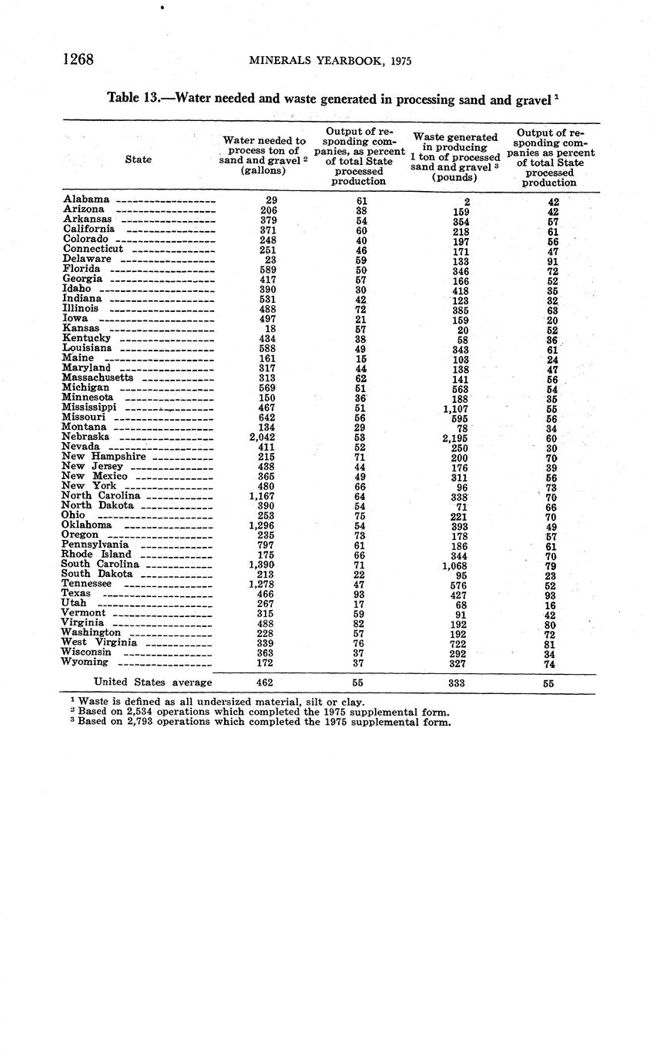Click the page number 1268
click(78, 59)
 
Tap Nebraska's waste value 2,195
click(457, 438)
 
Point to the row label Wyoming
click(85, 662)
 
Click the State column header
click(138, 159)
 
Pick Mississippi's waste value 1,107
click(457, 409)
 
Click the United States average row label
click(152, 682)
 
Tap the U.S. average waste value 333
click(457, 682)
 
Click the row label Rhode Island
click(96, 554)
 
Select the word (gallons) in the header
click(263, 170)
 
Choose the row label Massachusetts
click(98, 377)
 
